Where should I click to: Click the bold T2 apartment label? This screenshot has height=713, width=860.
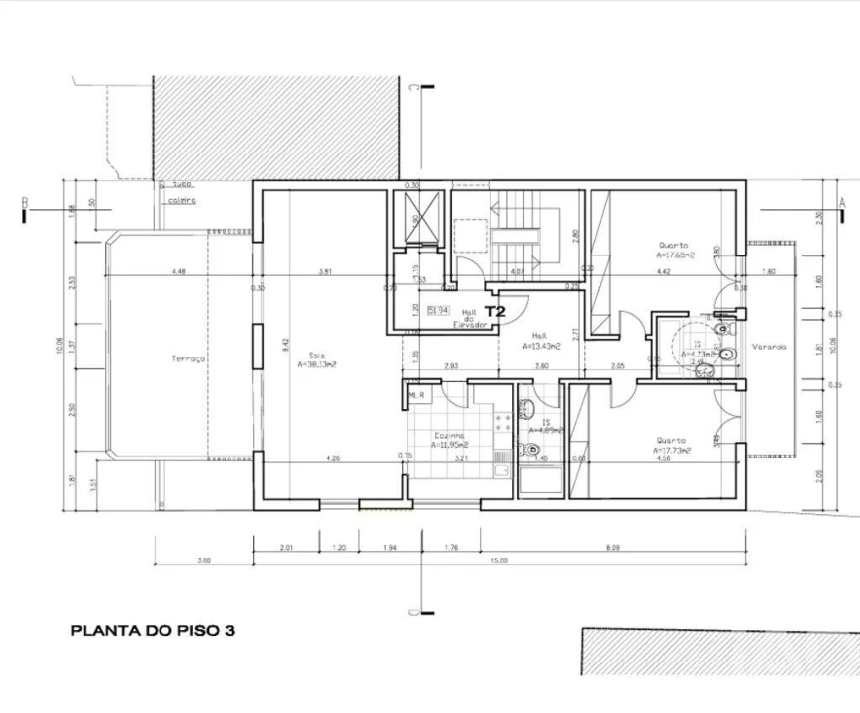(x=495, y=311)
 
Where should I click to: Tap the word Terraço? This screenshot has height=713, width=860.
(x=188, y=359)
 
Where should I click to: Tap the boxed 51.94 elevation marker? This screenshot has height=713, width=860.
(x=437, y=311)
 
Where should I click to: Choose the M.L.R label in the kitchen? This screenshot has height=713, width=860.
(x=416, y=395)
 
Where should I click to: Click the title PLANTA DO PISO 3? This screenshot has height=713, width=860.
(x=152, y=630)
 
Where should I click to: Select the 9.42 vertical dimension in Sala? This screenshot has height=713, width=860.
(x=285, y=345)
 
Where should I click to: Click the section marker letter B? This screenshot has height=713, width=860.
(x=24, y=204)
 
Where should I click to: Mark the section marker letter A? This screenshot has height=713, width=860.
(x=841, y=201)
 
